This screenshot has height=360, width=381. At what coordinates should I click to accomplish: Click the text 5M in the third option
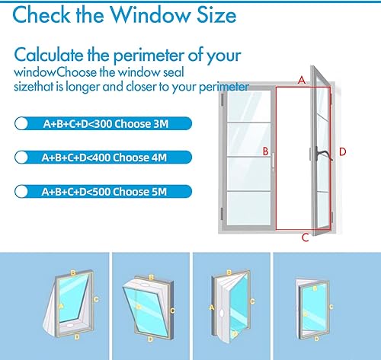[x=166, y=192]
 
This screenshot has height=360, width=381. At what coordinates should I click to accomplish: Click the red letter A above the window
[x=301, y=80]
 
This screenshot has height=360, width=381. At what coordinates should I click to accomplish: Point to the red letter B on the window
[x=265, y=151]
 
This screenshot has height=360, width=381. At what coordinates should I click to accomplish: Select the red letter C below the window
[x=305, y=237]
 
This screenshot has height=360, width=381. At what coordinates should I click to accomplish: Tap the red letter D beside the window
[x=343, y=151]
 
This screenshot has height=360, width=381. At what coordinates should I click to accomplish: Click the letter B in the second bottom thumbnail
[x=152, y=277]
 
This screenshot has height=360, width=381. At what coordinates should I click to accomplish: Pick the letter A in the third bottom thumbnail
[x=211, y=307]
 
